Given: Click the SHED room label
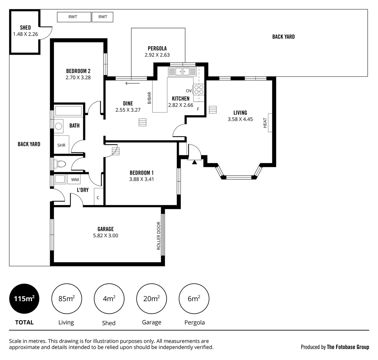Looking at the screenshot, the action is (x=25, y=28).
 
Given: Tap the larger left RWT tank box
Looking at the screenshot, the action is (x=74, y=17).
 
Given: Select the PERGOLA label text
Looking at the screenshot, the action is (x=157, y=48).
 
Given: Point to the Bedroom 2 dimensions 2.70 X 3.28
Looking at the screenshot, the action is (x=78, y=77).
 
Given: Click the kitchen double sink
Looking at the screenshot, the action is (x=183, y=72).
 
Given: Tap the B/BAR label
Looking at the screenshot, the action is (x=149, y=98).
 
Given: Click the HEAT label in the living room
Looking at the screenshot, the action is (x=265, y=123).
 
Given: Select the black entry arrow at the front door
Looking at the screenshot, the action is (x=194, y=162).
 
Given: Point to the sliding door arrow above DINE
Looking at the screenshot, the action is (x=133, y=83).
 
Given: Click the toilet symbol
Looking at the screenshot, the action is (x=60, y=164).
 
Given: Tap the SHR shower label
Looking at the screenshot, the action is (x=61, y=145).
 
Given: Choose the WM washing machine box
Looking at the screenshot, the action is (x=75, y=180).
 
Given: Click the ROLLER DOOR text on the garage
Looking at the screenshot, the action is (x=159, y=236).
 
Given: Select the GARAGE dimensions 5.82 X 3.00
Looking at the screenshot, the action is (x=106, y=235).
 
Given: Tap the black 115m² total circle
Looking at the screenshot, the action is (x=24, y=299).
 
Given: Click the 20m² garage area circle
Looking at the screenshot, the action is (x=152, y=299).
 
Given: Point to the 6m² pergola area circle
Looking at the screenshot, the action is (x=194, y=299).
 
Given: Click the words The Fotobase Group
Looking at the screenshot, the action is (x=348, y=347).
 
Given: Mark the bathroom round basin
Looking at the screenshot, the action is (x=59, y=126).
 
